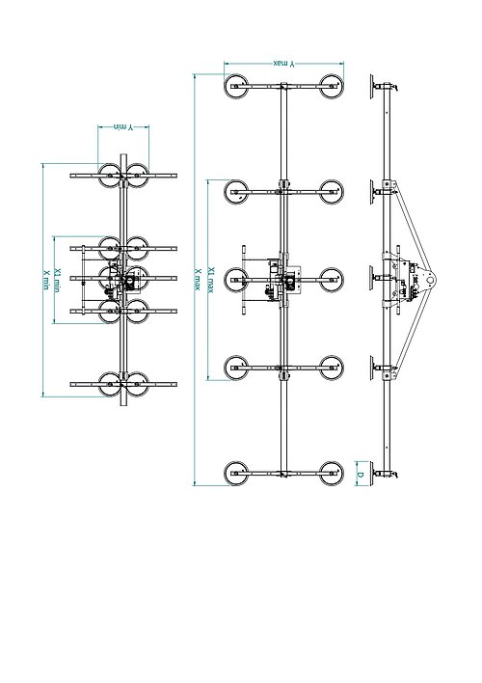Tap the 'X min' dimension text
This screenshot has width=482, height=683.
coord(45,280)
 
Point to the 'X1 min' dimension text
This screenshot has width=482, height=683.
coord(59,279)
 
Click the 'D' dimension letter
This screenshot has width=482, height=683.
coord(360,474)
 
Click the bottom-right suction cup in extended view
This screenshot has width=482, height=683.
coord(331,474)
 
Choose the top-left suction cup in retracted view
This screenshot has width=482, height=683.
coord(108,176)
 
